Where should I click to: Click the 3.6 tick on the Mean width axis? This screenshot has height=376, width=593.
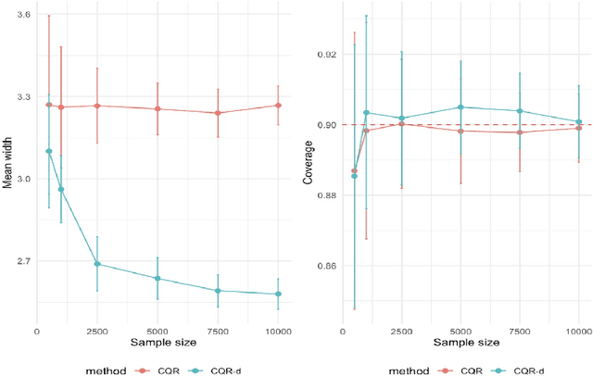click(20, 16)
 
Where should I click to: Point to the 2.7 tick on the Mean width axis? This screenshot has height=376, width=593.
click(20, 261)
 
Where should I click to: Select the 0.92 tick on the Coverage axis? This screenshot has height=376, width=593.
click(326, 55)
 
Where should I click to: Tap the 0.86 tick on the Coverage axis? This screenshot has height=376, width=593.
click(326, 266)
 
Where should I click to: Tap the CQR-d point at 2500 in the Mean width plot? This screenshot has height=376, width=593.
click(97, 264)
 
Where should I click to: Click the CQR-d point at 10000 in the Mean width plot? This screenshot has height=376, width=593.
click(278, 295)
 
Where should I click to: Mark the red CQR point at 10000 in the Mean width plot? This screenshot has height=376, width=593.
click(278, 106)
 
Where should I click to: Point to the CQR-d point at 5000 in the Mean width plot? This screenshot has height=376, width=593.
click(158, 279)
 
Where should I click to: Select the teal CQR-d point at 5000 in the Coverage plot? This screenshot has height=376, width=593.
click(461, 107)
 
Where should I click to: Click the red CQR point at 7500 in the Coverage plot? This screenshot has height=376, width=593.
click(520, 132)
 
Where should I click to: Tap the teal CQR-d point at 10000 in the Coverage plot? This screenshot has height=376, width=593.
click(579, 121)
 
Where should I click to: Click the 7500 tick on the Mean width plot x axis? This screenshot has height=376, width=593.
click(218, 330)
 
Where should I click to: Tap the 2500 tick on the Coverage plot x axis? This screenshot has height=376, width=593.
click(401, 330)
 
